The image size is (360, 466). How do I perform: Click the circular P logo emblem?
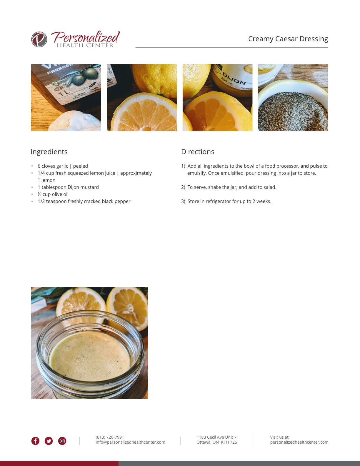tap(39, 39)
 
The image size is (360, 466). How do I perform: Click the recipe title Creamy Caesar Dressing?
tap(288, 39)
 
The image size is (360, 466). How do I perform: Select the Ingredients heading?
tap(49, 152)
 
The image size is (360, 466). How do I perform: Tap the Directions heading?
tap(197, 152)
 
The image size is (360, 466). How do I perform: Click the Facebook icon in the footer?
tap(35, 441)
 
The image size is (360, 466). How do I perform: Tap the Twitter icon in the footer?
tap(49, 441)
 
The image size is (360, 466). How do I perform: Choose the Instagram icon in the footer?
tap(62, 441)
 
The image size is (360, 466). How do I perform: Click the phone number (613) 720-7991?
tap(110, 437)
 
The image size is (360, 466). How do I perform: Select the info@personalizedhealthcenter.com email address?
tap(130, 442)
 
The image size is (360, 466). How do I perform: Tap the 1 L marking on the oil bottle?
tap(64, 93)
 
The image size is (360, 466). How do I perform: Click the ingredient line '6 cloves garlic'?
tap(63, 166)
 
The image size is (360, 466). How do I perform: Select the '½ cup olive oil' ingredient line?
tap(53, 194)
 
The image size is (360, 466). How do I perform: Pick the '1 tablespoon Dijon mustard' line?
tap(68, 187)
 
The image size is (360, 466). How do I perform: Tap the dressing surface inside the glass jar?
tap(90, 356)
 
